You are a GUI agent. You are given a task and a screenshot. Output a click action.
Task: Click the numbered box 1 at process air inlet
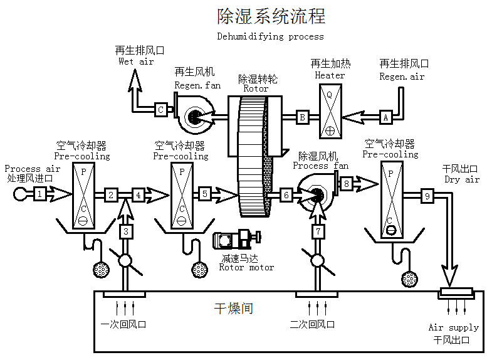[x=39, y=194]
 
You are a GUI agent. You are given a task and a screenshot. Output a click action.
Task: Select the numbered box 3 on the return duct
[x=127, y=231]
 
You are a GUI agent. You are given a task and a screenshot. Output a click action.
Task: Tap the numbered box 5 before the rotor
[x=205, y=194]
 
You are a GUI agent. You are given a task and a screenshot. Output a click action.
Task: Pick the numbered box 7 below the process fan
[x=318, y=231]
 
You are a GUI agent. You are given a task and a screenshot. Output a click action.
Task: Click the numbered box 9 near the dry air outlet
[x=427, y=196]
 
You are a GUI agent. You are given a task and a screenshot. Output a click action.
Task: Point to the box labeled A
[x=386, y=117]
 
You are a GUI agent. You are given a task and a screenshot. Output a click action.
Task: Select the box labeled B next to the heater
[x=302, y=117]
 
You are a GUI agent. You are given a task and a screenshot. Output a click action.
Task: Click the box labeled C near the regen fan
[x=160, y=110]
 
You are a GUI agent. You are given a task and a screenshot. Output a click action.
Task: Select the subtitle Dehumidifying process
[x=271, y=36]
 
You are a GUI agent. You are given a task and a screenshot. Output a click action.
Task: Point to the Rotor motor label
[x=246, y=267]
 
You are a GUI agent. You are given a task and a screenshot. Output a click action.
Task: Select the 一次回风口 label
[x=123, y=324]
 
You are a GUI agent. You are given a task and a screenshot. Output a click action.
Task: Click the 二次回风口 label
[x=312, y=324]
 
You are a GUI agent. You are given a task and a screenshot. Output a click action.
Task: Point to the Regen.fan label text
[x=197, y=85]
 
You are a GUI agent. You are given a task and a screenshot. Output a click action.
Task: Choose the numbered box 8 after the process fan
[x=347, y=184]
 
